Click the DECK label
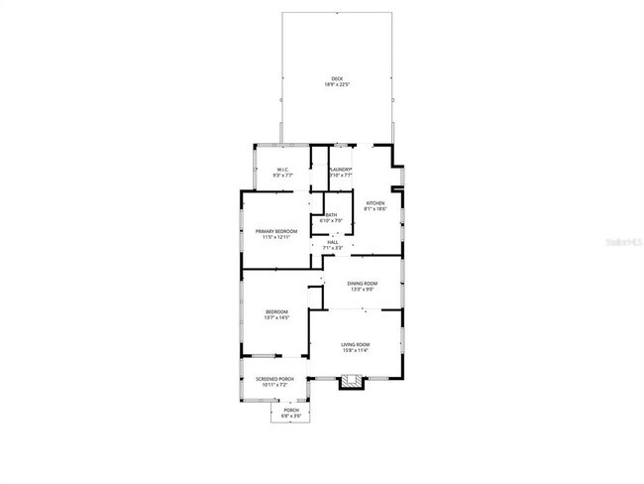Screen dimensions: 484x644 point(336,78)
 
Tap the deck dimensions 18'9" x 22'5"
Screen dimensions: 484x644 point(336,84)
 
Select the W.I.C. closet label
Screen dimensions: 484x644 point(282,170)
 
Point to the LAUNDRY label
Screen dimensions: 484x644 point(341,170)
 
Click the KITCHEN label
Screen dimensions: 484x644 point(375,203)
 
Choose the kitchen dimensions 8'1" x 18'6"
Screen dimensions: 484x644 point(375,209)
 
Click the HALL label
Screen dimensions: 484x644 point(333,242)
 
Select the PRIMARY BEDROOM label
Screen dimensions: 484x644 point(276,231)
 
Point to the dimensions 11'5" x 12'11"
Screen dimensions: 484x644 point(276,237)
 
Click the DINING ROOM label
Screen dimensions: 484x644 point(362,284)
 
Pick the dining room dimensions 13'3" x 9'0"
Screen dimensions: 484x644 point(362,290)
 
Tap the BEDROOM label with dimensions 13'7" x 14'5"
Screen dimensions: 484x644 point(275,312)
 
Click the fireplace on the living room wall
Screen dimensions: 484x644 point(352,380)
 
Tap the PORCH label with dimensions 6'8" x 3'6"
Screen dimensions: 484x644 point(291,410)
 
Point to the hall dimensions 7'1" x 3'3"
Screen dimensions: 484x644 point(333,248)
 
